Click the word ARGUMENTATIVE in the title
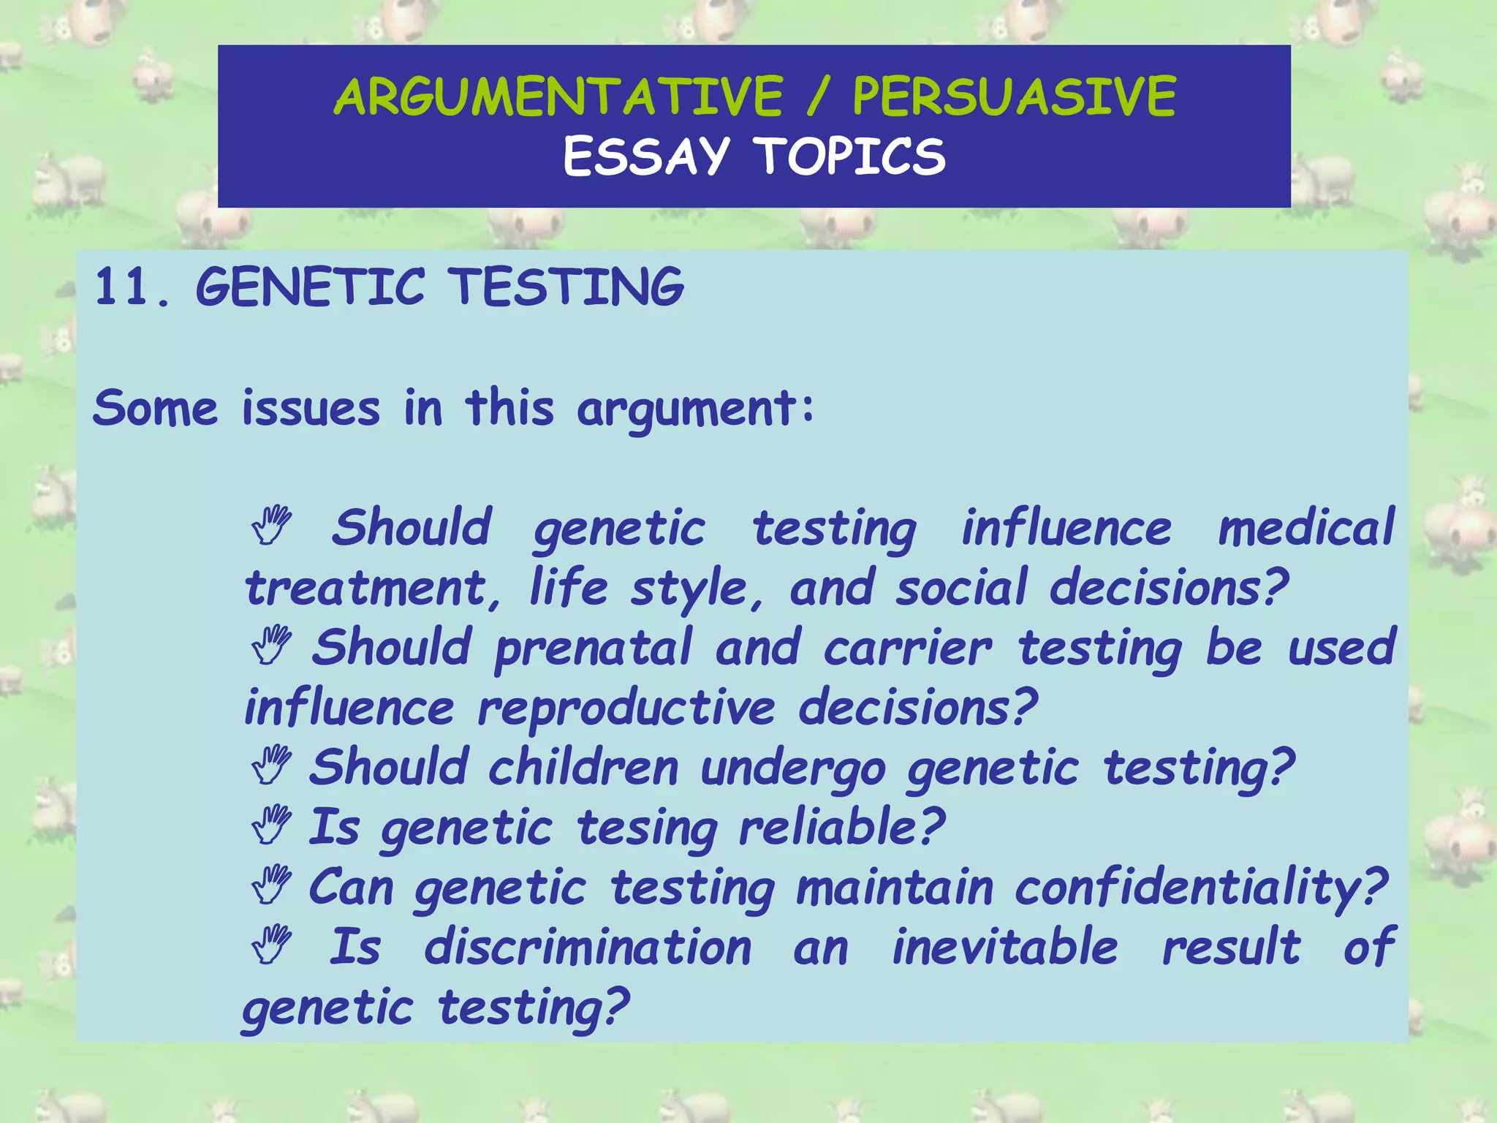click(558, 97)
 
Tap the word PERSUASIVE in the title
click(1014, 97)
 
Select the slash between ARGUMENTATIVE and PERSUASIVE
click(818, 98)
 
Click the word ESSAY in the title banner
click(646, 156)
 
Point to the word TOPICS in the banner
click(850, 156)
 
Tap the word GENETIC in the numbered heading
click(310, 287)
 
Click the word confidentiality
click(1200, 889)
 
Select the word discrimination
click(588, 948)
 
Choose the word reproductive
click(626, 709)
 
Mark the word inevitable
click(1005, 948)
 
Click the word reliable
click(841, 828)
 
